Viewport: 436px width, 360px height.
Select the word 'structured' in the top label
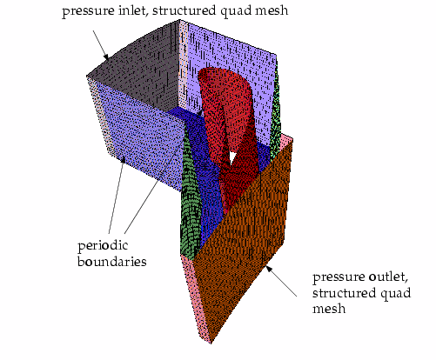point(184,10)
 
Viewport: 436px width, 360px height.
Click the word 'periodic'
point(103,246)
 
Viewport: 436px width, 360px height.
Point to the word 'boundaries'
point(112,261)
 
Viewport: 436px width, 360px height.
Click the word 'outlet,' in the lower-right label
point(388,277)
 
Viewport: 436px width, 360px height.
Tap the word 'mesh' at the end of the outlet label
point(329,308)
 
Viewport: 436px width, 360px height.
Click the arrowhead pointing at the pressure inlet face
point(106,57)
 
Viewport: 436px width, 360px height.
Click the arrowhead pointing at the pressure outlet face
point(269,269)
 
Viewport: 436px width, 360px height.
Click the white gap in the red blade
point(232,157)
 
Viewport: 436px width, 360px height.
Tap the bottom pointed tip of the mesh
point(211,343)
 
